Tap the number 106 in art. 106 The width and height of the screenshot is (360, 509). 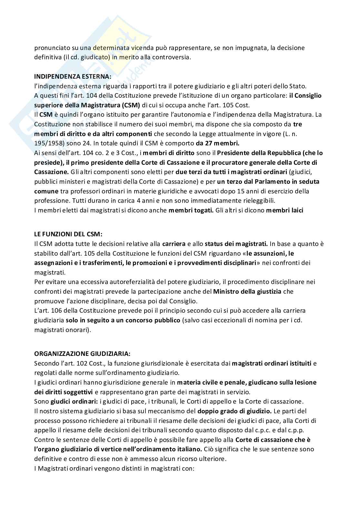tap(58, 311)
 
